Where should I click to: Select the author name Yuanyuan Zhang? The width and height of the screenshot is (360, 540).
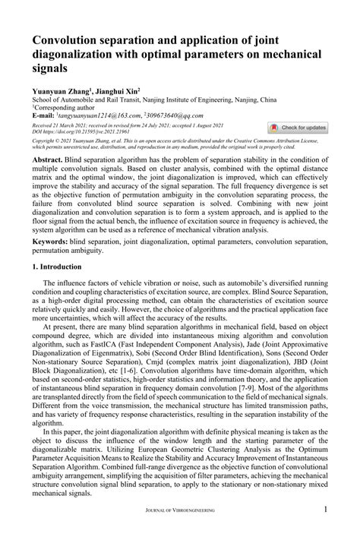point(61,90)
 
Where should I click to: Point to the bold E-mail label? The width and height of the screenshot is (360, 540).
point(46,115)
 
